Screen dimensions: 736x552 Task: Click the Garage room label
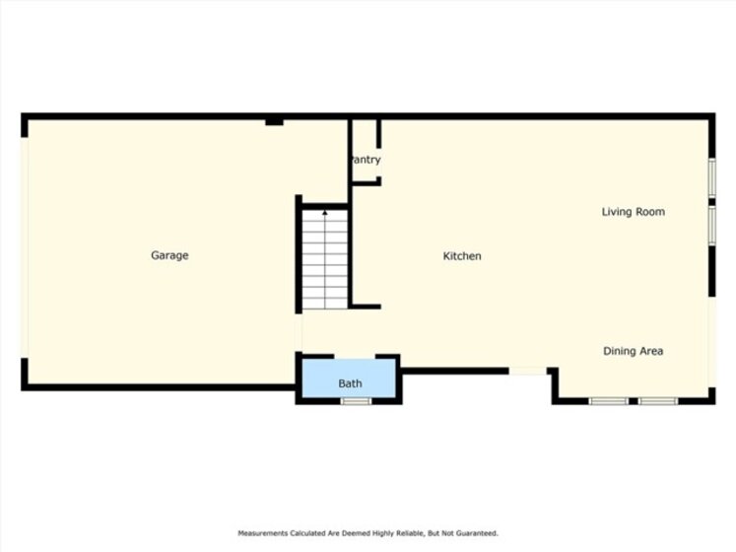[x=169, y=255]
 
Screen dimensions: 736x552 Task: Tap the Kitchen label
[x=462, y=256]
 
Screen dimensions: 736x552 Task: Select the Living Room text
[x=634, y=212]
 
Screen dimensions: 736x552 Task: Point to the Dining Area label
[x=634, y=351]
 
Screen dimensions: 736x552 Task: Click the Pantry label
[x=366, y=160]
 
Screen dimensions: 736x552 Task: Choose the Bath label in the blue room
[x=350, y=383]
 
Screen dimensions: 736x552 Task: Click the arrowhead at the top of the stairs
[x=325, y=213]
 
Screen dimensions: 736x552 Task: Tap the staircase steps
[x=325, y=259]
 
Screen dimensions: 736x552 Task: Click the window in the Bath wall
[x=356, y=401]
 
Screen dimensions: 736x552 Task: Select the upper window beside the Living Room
[x=712, y=177]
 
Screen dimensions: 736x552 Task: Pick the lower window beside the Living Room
[x=712, y=226]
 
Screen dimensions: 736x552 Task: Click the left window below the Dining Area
[x=609, y=401]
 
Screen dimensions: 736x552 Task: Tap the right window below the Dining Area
[x=658, y=401]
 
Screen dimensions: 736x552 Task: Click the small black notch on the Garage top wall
[x=274, y=122]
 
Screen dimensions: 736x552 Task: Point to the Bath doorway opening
[x=355, y=357]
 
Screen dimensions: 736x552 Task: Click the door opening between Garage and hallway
[x=299, y=332]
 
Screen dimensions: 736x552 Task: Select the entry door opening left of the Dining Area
[x=527, y=372]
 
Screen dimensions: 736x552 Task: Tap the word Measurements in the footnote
[x=262, y=533]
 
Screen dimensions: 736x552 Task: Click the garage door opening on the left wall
[x=25, y=248]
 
